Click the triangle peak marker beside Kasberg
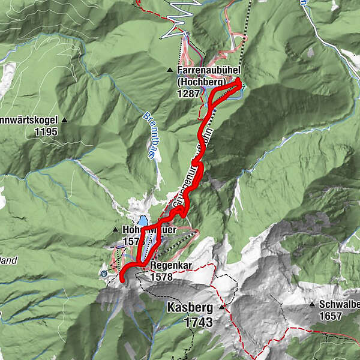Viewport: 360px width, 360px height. (221, 307)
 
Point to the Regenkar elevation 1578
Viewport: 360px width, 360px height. (161, 278)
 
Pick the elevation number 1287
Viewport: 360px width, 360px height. (188, 94)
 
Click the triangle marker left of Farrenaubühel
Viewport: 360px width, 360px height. (170, 71)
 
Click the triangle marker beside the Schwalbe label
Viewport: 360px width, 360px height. (312, 305)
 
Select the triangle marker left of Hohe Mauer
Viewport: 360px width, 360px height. (116, 230)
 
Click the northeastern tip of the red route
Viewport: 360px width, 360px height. (240, 83)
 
